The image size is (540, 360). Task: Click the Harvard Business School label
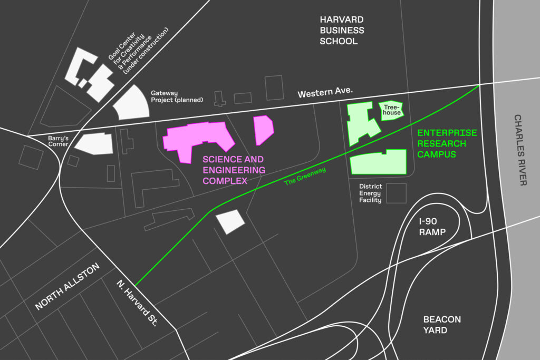point(342,30)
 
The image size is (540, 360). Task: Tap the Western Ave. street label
point(325,94)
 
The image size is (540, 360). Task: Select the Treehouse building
point(391,111)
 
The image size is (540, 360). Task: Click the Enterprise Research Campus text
point(447,143)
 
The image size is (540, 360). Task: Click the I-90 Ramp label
point(432,227)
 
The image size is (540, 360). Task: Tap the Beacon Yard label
point(442,325)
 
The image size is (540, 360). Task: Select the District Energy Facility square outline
point(396,193)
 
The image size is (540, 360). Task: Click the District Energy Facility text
point(370,193)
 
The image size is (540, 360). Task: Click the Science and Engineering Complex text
point(234,170)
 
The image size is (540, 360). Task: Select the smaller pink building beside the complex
point(263,130)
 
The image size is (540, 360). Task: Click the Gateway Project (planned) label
point(177,96)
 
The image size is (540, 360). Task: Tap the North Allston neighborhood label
point(67,287)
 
